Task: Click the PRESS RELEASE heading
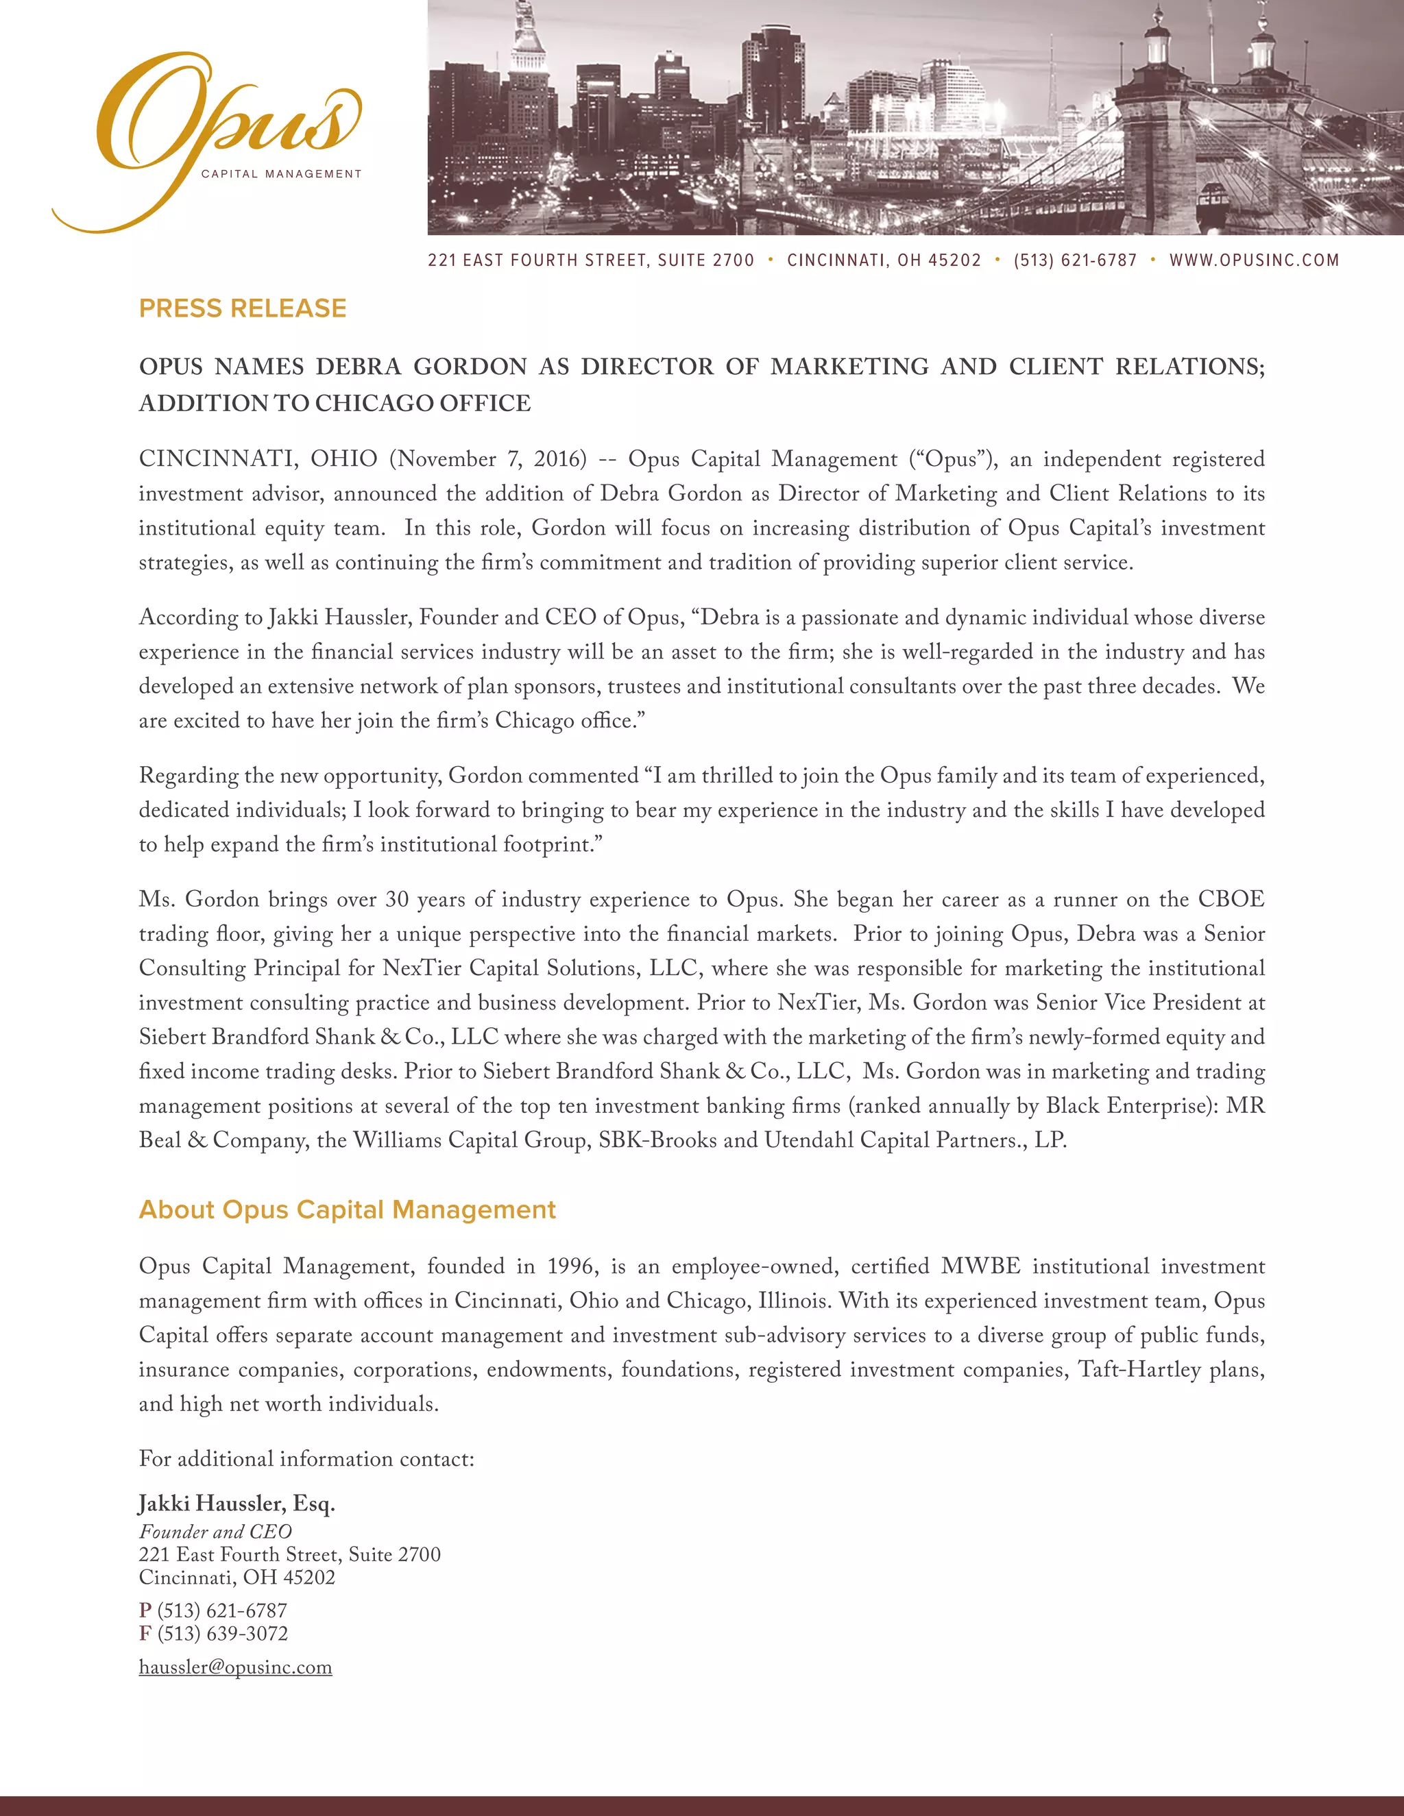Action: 242,308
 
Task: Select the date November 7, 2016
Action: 488,459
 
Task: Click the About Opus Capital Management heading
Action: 347,1209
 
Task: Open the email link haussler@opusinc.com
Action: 235,1667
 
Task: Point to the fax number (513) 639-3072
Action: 222,1633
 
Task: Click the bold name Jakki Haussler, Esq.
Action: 237,1504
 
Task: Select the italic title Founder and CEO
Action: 215,1532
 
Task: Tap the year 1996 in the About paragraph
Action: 570,1266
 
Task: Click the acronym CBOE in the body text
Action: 1231,900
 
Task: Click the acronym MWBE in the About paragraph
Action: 980,1266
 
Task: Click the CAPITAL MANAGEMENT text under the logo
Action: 281,174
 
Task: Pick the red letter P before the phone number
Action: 145,1610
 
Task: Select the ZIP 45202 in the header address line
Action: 954,260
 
